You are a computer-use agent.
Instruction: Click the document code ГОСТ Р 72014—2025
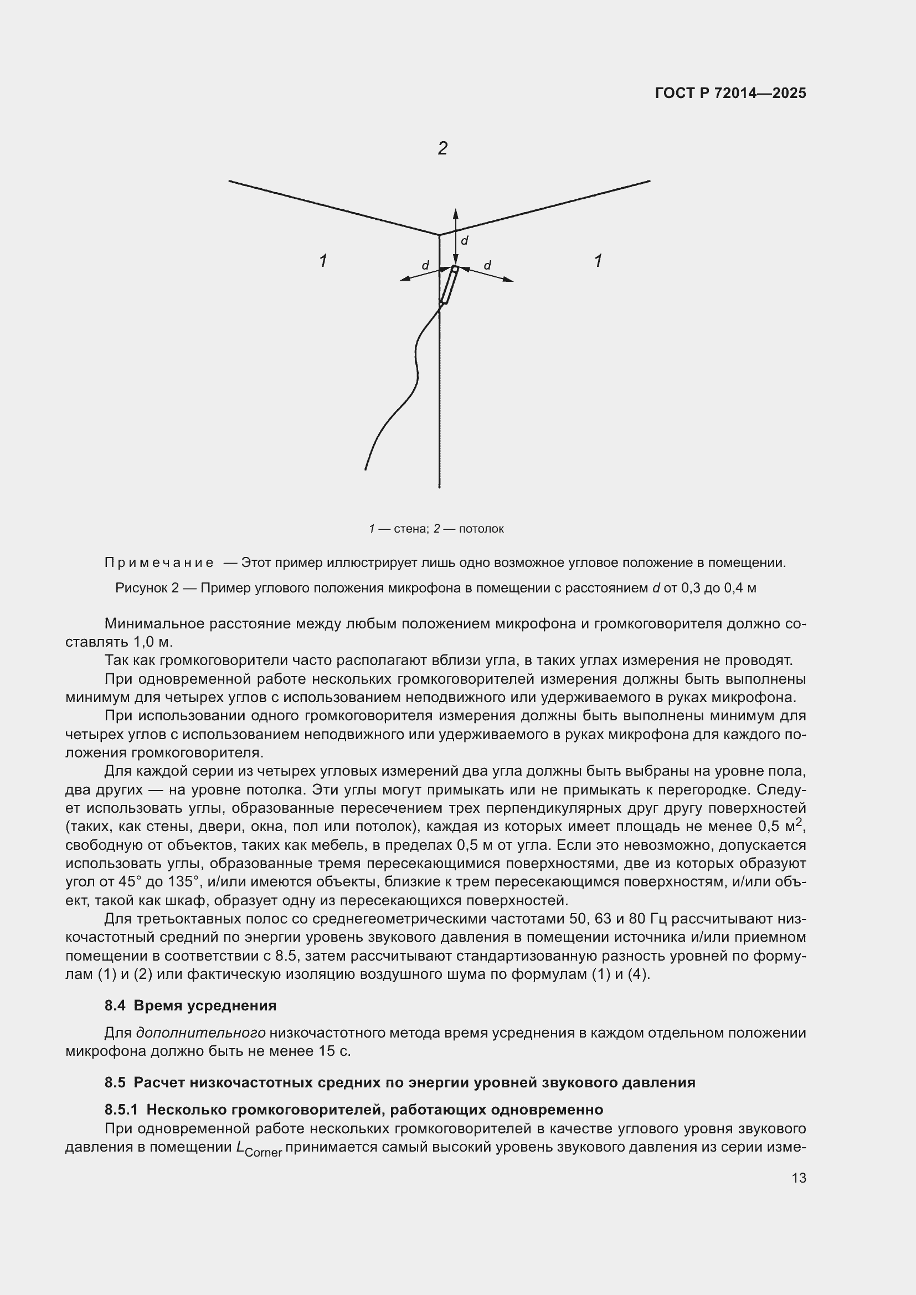click(x=730, y=93)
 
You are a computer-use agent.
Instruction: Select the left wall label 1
click(x=323, y=261)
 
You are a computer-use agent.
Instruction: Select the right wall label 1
click(x=598, y=261)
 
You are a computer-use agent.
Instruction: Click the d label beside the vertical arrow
click(x=465, y=241)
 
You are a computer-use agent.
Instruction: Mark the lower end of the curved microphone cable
click(x=366, y=468)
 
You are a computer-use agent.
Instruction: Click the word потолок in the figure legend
click(x=481, y=529)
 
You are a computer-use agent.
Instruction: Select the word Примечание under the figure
click(x=159, y=563)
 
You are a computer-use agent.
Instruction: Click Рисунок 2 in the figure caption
click(x=147, y=588)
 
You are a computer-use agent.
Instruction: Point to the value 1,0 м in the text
click(x=153, y=642)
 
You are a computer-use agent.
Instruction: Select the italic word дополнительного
click(x=201, y=1033)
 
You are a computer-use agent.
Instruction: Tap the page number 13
click(x=799, y=1178)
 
